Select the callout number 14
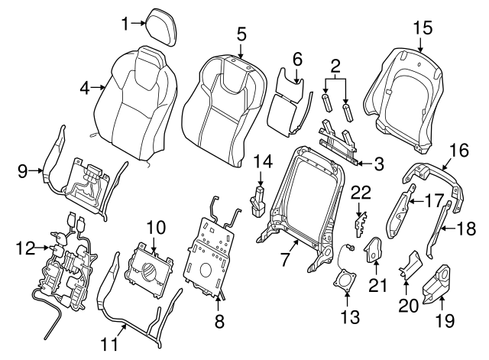[x=263, y=161]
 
